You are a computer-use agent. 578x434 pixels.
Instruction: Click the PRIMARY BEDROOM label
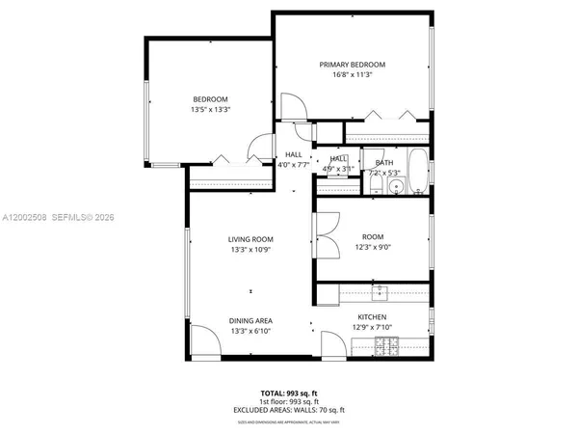pyautogui.click(x=352, y=64)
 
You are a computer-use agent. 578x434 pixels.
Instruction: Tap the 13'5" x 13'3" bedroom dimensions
pyautogui.click(x=209, y=110)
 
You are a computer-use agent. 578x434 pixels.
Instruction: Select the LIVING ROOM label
pyautogui.click(x=250, y=239)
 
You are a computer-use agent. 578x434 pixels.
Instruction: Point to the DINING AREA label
pyautogui.click(x=250, y=320)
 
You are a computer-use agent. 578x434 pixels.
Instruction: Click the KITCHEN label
pyautogui.click(x=372, y=317)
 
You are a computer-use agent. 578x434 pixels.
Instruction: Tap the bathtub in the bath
pyautogui.click(x=419, y=171)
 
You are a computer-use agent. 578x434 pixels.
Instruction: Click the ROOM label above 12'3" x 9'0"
pyautogui.click(x=372, y=237)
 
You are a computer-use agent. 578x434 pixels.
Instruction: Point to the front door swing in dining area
pyautogui.click(x=203, y=341)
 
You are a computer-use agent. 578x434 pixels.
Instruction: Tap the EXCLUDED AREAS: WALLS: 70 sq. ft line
pyautogui.click(x=289, y=410)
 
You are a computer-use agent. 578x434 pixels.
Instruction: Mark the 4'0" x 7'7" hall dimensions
pyautogui.click(x=293, y=165)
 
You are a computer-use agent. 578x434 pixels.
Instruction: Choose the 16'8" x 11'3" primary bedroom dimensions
pyautogui.click(x=352, y=74)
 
